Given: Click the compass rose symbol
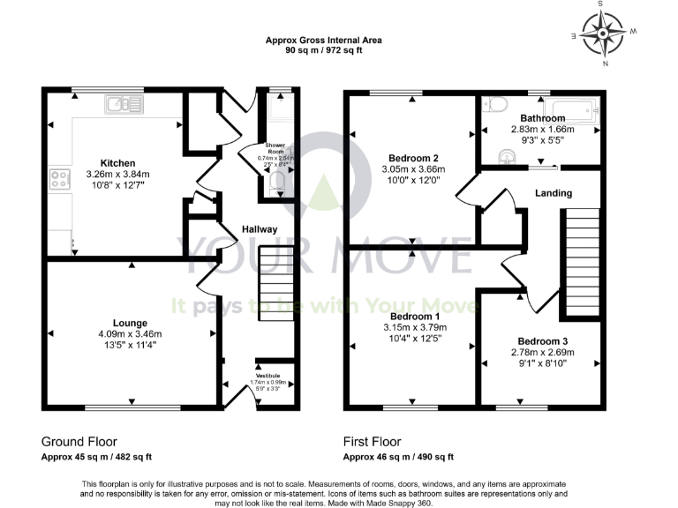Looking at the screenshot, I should point(606,35).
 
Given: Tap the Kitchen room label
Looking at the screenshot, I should point(117,163).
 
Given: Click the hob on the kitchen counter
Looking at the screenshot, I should point(60,180).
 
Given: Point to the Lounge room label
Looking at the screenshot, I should point(130,323).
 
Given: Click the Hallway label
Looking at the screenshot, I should point(260,229).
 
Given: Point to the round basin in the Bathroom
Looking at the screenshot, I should point(506,157).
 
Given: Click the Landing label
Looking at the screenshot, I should point(554,193).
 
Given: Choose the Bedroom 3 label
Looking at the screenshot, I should point(540,341).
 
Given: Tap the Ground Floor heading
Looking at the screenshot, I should point(79,441).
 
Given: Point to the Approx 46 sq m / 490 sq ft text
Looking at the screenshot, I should point(398,457).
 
